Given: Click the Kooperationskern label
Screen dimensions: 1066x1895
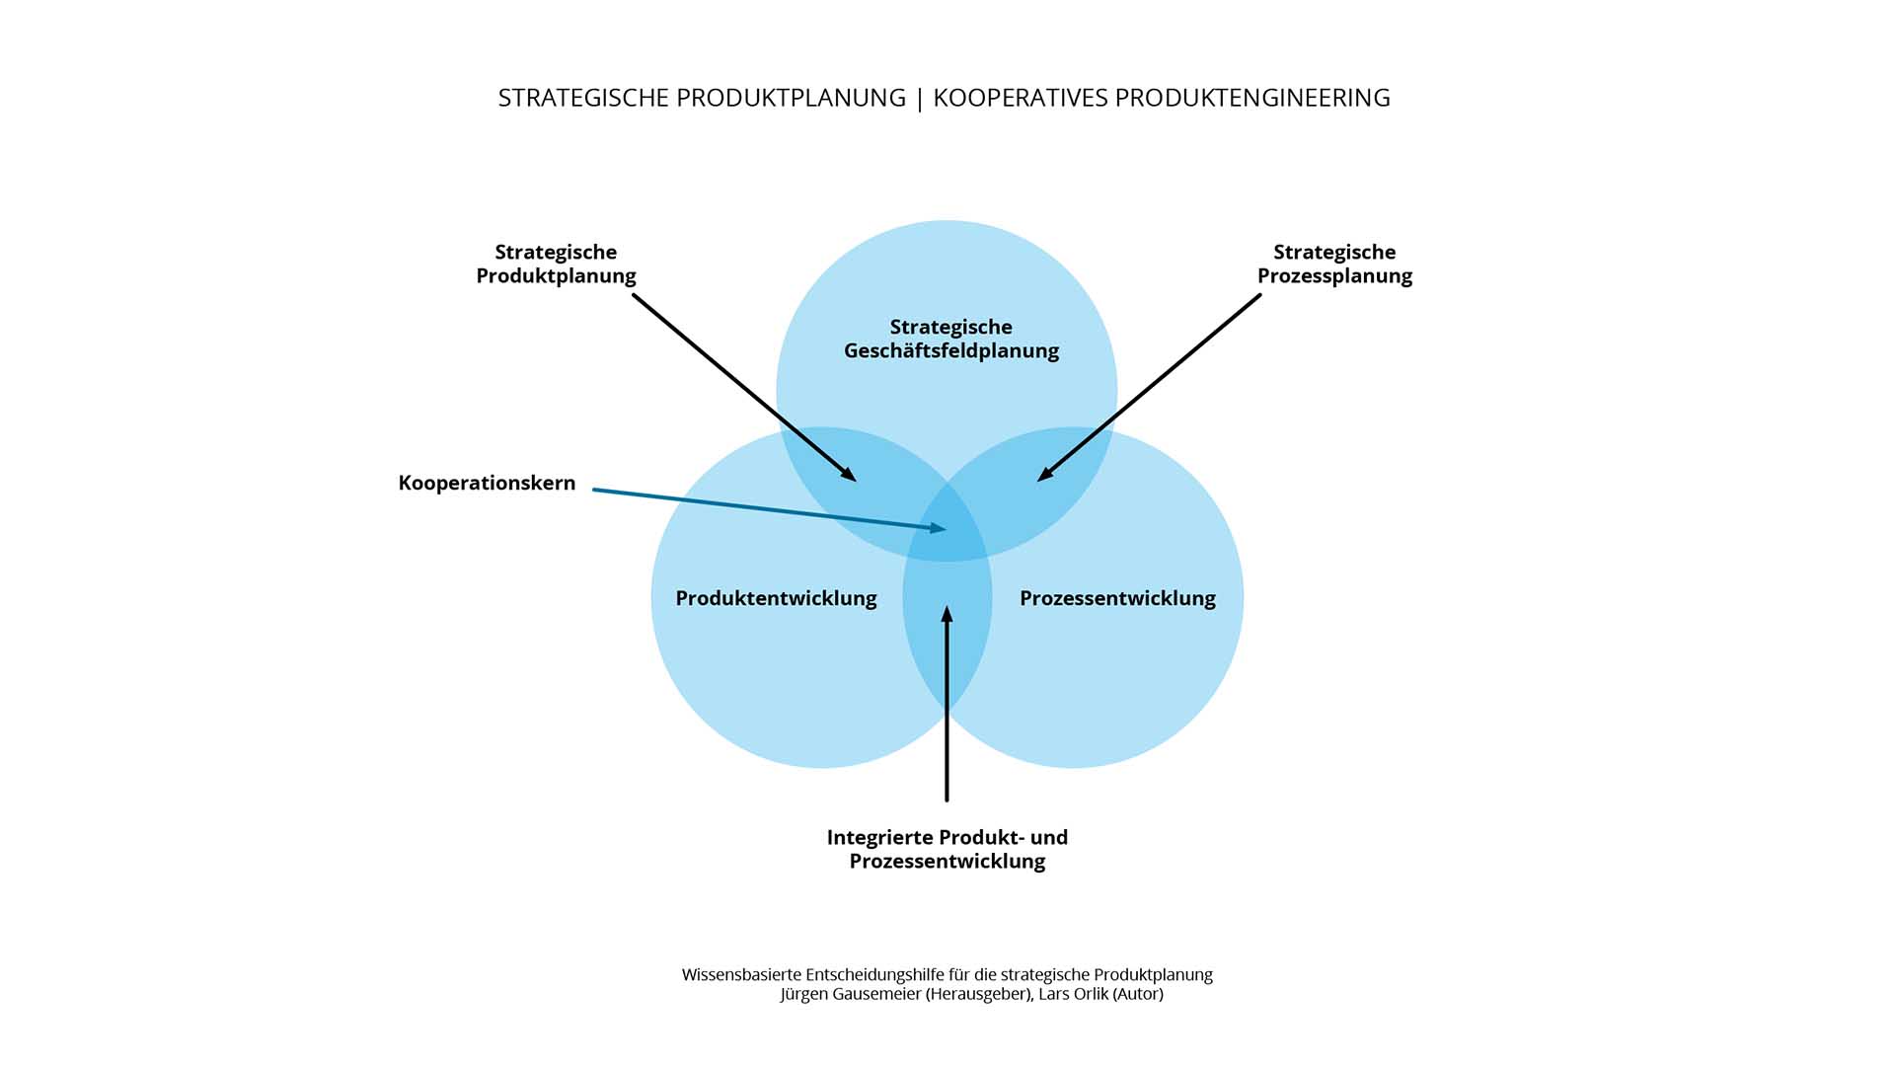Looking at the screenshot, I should (487, 483).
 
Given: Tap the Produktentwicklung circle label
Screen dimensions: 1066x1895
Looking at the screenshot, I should (776, 598).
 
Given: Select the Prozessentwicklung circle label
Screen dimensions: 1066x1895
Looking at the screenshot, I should (1117, 598).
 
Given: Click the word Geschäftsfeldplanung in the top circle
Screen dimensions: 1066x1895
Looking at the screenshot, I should (950, 351).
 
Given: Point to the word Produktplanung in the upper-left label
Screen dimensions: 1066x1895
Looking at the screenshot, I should (556, 276).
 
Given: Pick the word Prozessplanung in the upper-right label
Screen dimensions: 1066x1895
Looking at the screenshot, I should (1334, 276).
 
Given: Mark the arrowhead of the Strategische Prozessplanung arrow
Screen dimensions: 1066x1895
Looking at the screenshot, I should (1044, 476).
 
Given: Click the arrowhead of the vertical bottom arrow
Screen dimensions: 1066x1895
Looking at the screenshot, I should (947, 613).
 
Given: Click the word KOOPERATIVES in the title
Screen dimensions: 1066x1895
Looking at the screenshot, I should (1021, 98).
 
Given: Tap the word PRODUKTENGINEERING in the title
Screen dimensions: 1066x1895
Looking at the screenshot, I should (1252, 98).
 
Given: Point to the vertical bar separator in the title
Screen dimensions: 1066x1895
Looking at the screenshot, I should (920, 99).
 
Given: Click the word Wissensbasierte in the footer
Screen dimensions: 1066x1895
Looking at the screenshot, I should (741, 975).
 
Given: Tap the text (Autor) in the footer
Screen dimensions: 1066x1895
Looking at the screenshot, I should (1138, 994).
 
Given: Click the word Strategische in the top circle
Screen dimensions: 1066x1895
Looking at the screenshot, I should (950, 327).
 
